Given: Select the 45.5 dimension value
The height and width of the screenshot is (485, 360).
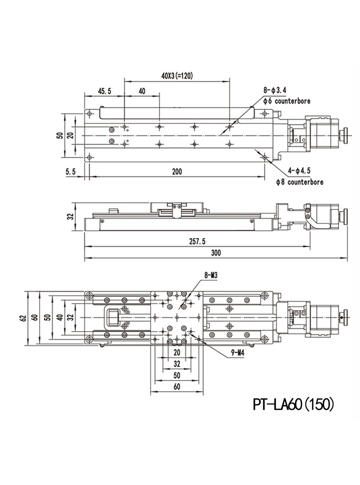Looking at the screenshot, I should pyautogui.click(x=104, y=91).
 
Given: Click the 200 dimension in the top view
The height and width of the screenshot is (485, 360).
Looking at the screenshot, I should pyautogui.click(x=177, y=171).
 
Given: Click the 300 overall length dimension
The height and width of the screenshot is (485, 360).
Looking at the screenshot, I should pyautogui.click(x=216, y=253).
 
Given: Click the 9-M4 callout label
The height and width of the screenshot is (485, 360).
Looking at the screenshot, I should pyautogui.click(x=238, y=353).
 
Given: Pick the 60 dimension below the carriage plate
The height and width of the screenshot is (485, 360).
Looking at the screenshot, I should pyautogui.click(x=177, y=386).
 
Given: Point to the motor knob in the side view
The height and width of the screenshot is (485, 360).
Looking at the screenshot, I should pyautogui.click(x=345, y=215).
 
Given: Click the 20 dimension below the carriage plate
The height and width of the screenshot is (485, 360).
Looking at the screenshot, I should pyautogui.click(x=177, y=352).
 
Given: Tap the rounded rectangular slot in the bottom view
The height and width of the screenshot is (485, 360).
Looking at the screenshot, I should pyautogui.click(x=113, y=318).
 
